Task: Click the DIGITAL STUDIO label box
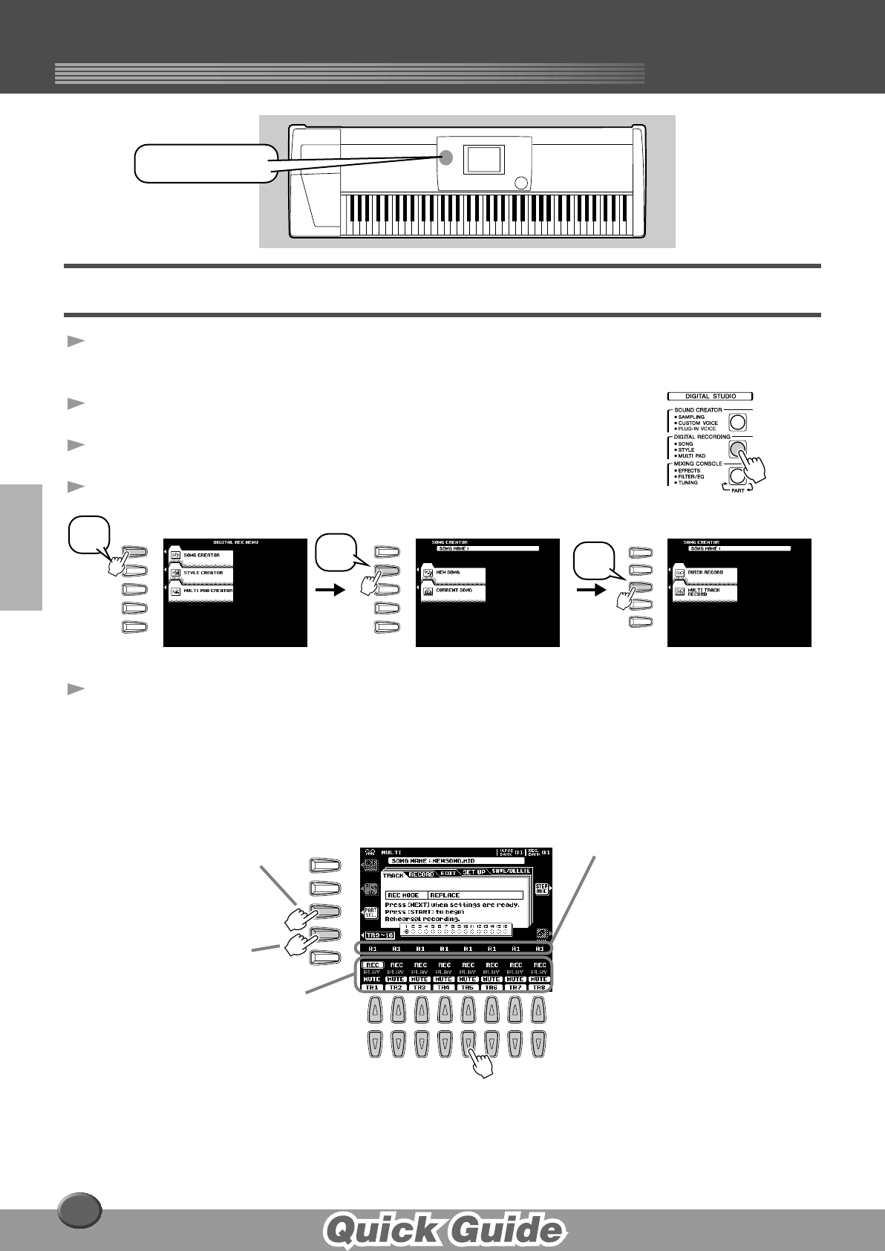pyautogui.click(x=710, y=397)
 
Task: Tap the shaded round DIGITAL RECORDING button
pyautogui.click(x=737, y=449)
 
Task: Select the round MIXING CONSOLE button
pyautogui.click(x=737, y=475)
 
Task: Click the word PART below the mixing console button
pyautogui.click(x=737, y=490)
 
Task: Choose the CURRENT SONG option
pyautogui.click(x=453, y=591)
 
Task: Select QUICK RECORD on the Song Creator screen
pyautogui.click(x=705, y=573)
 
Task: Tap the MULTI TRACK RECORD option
pyautogui.click(x=705, y=592)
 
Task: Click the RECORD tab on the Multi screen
pyautogui.click(x=422, y=874)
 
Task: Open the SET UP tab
pyautogui.click(x=474, y=872)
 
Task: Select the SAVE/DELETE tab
pyautogui.click(x=511, y=871)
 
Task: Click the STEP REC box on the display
pyautogui.click(x=541, y=889)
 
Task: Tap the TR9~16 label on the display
pyautogui.click(x=380, y=935)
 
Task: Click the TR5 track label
pyautogui.click(x=467, y=987)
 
